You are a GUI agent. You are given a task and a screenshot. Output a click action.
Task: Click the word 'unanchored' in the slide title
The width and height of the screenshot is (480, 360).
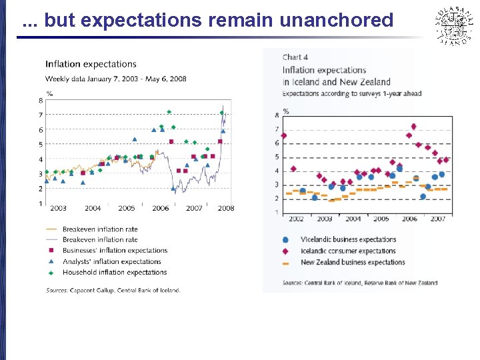point(337,21)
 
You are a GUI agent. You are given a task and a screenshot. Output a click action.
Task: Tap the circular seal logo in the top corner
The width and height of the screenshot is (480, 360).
point(453,25)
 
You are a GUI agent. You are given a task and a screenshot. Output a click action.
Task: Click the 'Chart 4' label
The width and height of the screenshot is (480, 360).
point(295,57)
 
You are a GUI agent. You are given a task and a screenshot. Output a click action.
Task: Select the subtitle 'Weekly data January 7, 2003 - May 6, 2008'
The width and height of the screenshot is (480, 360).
point(115,79)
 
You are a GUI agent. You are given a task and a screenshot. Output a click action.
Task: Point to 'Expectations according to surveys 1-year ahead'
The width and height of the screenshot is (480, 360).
point(351,94)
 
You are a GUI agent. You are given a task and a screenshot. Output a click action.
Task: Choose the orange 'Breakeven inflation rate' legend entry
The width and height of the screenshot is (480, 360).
point(100,229)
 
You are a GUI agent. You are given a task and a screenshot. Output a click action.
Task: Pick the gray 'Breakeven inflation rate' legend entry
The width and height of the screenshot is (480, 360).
point(100,240)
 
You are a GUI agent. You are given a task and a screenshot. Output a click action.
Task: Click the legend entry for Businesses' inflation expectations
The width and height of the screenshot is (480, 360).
point(115,251)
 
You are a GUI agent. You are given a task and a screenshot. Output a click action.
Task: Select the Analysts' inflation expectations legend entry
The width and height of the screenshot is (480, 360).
point(112,261)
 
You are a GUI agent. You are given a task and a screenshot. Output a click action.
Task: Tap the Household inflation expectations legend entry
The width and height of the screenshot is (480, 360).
point(114,272)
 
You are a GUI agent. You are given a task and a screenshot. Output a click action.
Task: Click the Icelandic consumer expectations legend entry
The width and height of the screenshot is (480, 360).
point(348,251)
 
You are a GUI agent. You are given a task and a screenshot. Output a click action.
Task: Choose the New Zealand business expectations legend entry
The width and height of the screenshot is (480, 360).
point(353,263)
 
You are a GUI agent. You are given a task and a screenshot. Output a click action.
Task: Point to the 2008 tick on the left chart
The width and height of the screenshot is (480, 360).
point(226,208)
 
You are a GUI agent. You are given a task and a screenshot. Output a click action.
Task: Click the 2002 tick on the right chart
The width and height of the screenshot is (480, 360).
point(297,219)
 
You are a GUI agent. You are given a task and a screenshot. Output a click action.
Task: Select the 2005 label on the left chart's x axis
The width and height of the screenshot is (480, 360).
point(126,208)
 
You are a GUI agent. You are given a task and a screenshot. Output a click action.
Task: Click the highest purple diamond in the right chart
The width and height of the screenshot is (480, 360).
point(413,126)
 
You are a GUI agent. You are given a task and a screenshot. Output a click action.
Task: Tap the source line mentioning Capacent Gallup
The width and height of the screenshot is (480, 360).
point(113,290)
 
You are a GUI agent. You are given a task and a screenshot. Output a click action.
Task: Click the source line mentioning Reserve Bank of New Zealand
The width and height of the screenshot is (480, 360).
point(360,283)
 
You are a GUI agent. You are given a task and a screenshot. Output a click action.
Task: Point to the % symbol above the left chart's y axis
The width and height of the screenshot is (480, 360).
point(49,93)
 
